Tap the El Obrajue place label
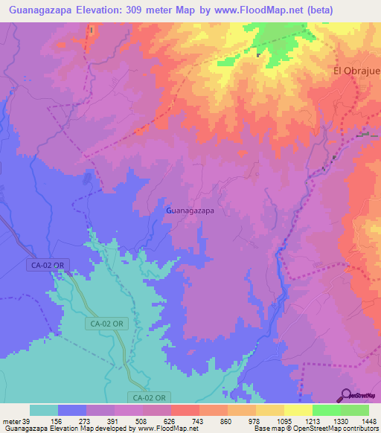coord(356,71)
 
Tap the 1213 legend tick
coord(313,421)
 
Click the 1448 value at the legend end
coord(368,421)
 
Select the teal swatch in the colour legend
coord(44,410)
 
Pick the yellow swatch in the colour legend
coord(298,410)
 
